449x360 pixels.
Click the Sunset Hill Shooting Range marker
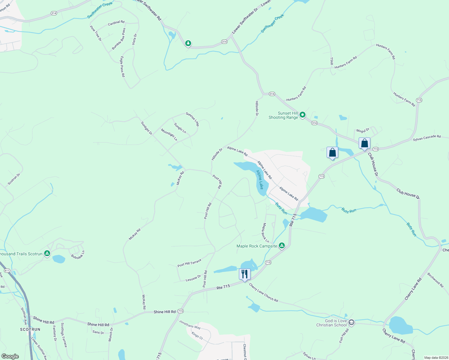[x=303, y=115]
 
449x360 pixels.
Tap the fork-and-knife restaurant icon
[x=245, y=274]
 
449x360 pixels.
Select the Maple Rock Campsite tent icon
[x=282, y=246]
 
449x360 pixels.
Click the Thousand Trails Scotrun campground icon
[x=47, y=254]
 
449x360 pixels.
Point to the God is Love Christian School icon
[x=351, y=323]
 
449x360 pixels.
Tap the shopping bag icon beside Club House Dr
[x=364, y=143]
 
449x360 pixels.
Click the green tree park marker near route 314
[x=188, y=43]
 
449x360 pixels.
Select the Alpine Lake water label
[x=260, y=180]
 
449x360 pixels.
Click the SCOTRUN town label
[x=30, y=329]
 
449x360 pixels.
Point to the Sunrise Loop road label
[x=192, y=119]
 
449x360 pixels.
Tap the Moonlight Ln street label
[x=169, y=135]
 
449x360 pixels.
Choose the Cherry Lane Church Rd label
[x=264, y=292]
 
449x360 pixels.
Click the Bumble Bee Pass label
[x=119, y=39]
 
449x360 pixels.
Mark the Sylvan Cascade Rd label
[x=426, y=138]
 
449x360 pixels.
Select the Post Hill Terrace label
[x=189, y=263]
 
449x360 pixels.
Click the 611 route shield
[x=7, y=271]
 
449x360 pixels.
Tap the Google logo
[x=10, y=356]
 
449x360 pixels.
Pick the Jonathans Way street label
[x=190, y=324]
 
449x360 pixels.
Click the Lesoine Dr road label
[x=193, y=278]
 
